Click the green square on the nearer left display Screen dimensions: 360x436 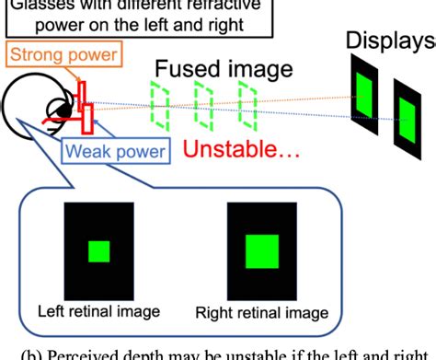pos(365,87)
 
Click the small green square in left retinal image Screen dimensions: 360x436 pos(98,251)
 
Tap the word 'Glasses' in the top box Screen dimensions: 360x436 pos(36,6)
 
